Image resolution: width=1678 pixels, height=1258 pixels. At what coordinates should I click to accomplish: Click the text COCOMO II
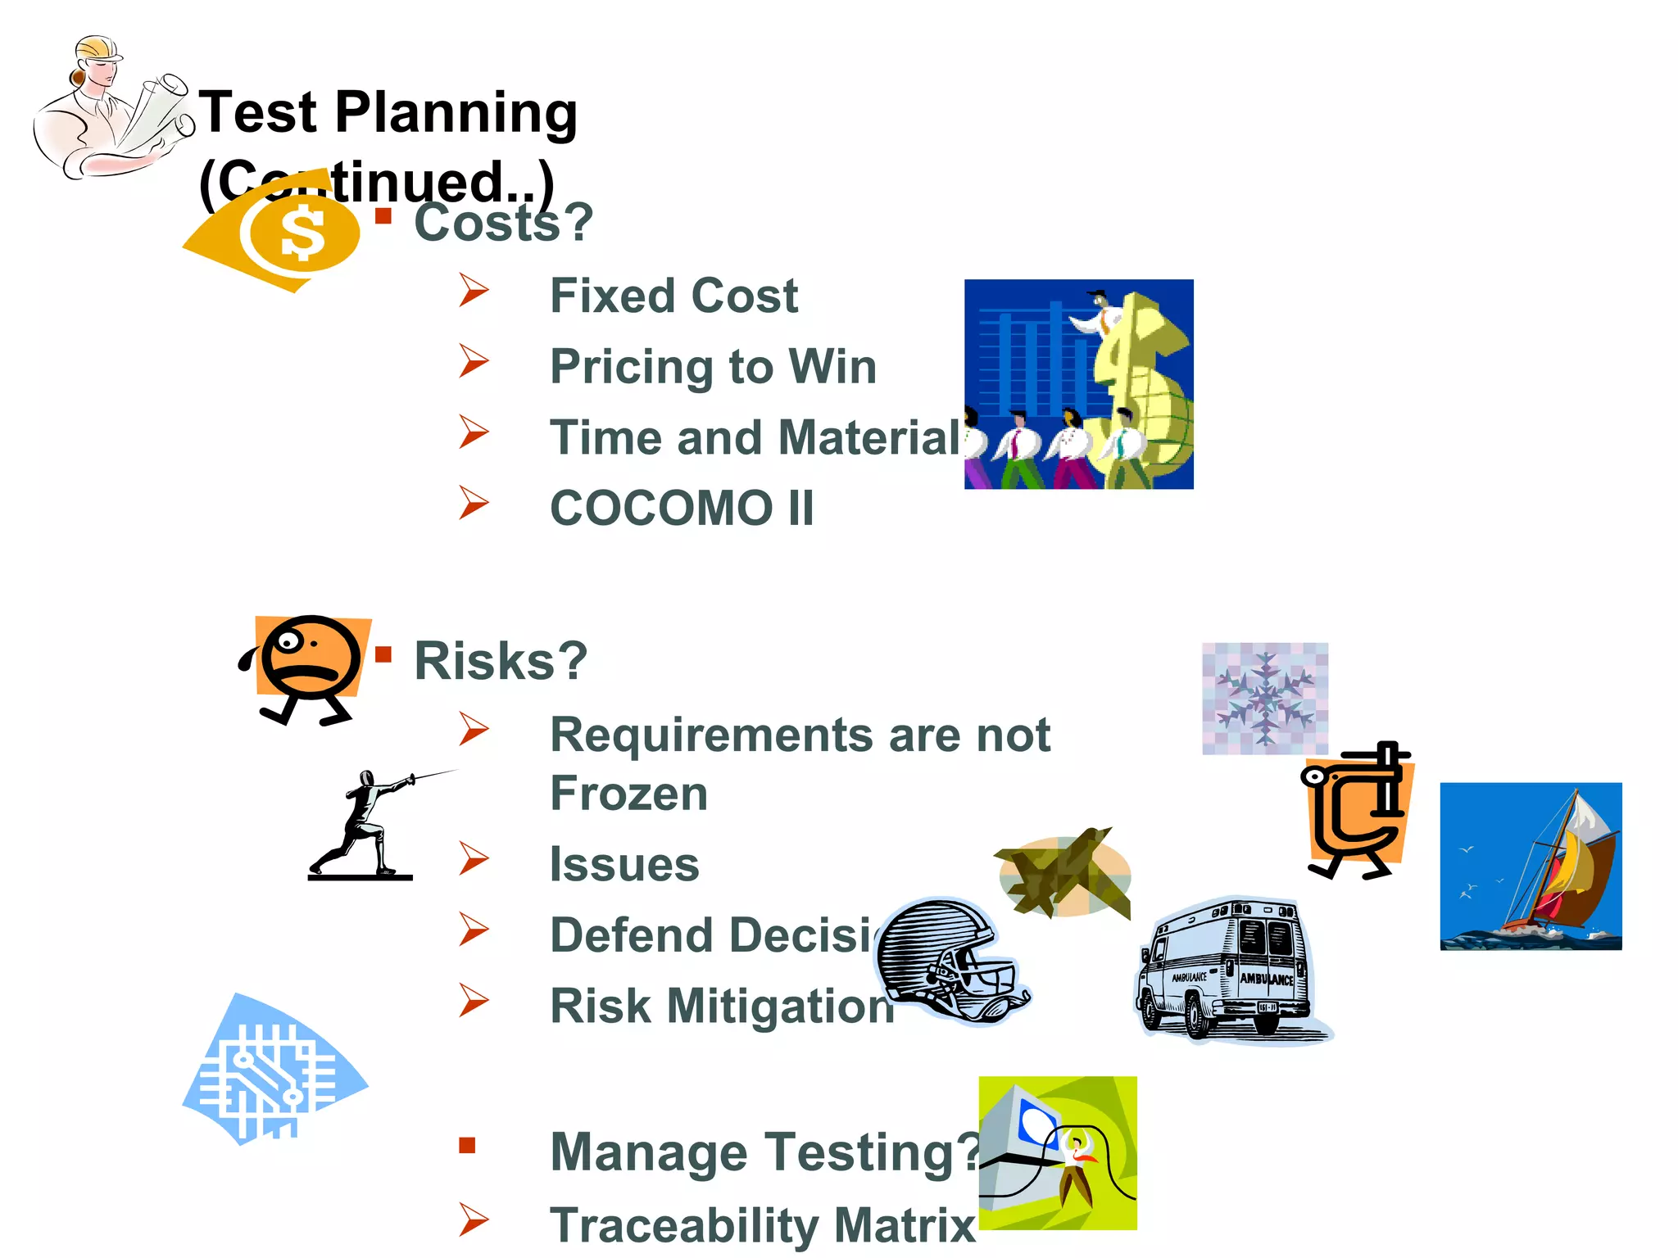(x=682, y=508)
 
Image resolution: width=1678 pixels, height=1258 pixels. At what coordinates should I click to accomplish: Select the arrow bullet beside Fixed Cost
(x=474, y=291)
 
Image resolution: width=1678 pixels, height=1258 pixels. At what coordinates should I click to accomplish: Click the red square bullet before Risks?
(x=383, y=654)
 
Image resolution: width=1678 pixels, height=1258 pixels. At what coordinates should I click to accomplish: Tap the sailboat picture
(x=1531, y=867)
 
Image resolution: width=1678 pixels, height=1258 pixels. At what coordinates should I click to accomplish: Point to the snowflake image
(x=1264, y=698)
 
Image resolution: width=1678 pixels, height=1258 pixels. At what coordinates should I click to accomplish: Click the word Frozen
(x=628, y=794)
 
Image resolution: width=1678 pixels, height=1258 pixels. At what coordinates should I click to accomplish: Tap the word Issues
(x=624, y=864)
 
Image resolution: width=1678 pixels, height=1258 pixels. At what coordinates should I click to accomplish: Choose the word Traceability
(x=684, y=1225)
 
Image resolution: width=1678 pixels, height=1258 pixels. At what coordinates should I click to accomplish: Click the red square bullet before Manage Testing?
(x=467, y=1145)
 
